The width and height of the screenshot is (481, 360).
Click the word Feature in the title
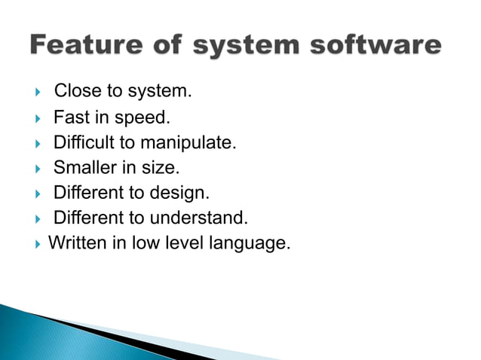[88, 46]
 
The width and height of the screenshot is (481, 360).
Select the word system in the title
[240, 46]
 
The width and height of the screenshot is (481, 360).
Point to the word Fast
[69, 117]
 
